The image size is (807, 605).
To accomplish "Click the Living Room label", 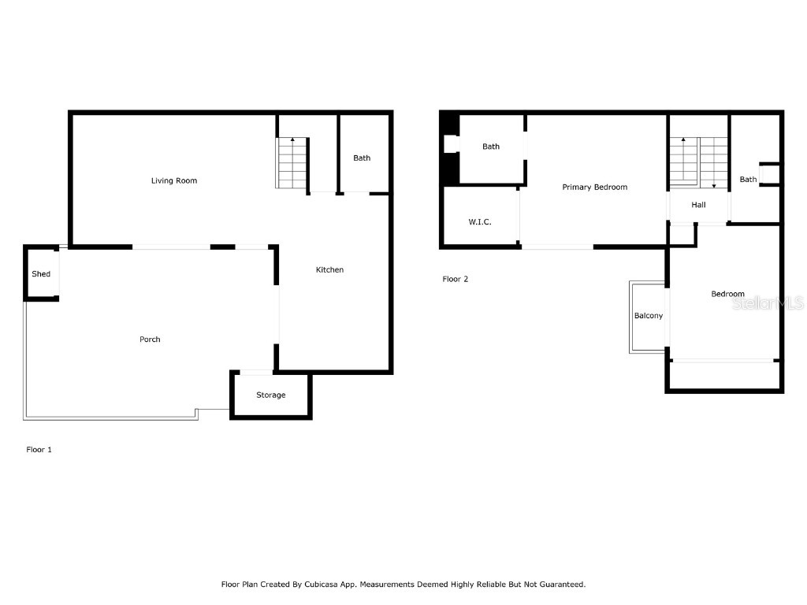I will (174, 180).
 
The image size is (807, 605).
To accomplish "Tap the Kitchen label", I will (329, 269).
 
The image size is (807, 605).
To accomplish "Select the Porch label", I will (150, 339).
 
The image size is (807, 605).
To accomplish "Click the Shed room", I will (41, 273).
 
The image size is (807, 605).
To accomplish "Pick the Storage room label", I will (270, 395).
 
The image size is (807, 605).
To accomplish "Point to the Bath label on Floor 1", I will (362, 158).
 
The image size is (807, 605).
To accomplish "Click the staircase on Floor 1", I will (292, 163).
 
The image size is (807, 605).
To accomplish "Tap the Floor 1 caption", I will (39, 449).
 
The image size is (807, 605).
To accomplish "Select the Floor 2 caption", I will (455, 279).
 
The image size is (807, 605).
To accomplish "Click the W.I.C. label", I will (480, 222).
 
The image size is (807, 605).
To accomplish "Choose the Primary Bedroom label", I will (594, 187).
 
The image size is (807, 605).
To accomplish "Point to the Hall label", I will (698, 205).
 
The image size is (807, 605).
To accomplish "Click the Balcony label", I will (649, 316).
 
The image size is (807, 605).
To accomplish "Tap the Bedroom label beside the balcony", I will (727, 294).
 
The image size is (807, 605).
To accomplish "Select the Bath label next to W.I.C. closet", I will (491, 147).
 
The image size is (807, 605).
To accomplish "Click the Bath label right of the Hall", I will (748, 180).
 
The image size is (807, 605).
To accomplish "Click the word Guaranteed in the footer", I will (557, 585).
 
